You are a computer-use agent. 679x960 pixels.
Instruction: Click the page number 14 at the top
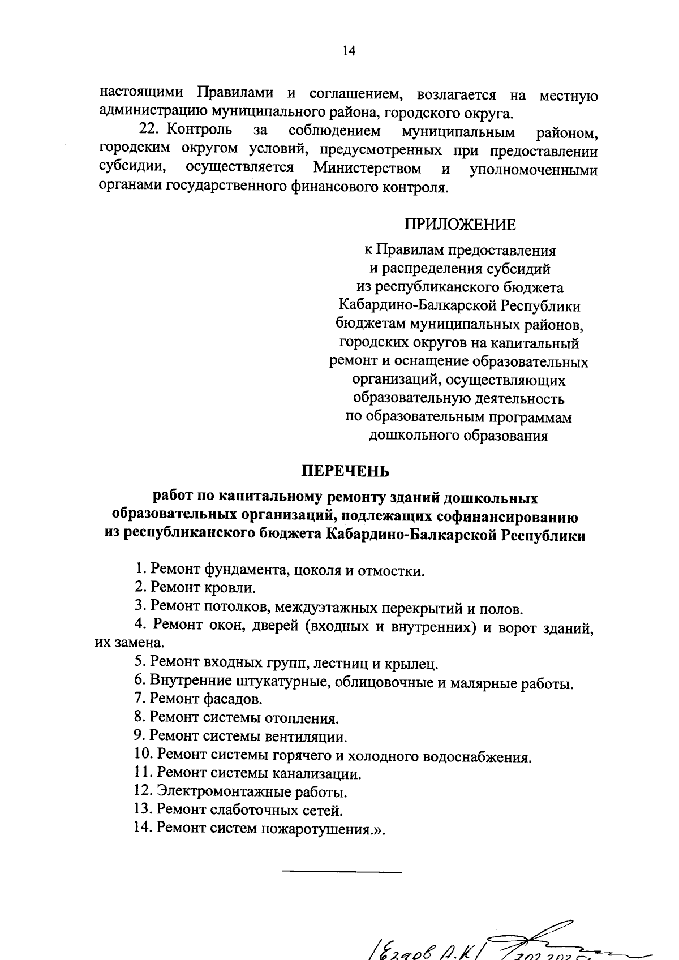click(x=348, y=51)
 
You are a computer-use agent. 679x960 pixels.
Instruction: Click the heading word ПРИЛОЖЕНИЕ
click(x=459, y=225)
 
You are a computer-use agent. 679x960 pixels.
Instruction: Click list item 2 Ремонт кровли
click(x=195, y=588)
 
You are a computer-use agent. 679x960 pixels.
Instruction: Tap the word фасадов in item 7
click(x=233, y=699)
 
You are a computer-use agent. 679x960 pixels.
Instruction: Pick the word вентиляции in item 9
click(x=306, y=737)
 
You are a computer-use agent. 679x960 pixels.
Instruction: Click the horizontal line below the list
click(x=341, y=872)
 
